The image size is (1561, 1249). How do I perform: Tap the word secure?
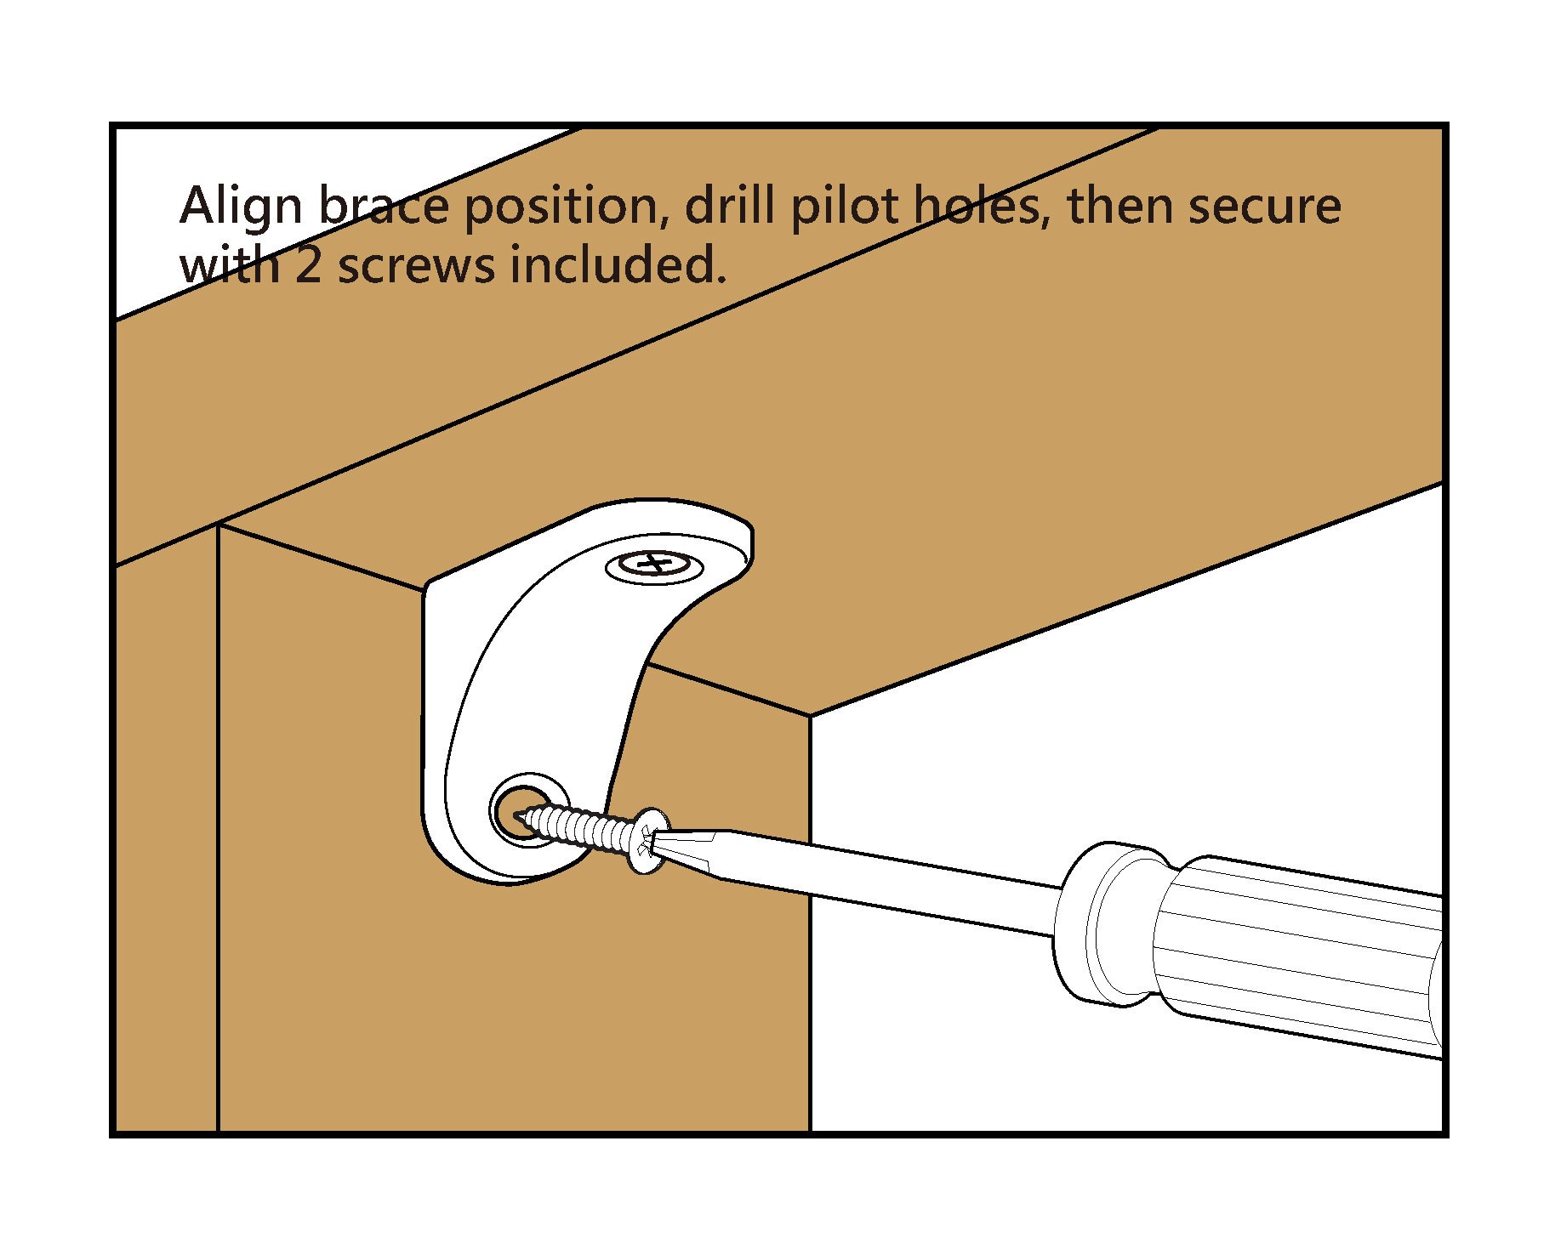pos(1264,207)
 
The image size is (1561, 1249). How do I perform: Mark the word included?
pos(618,264)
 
